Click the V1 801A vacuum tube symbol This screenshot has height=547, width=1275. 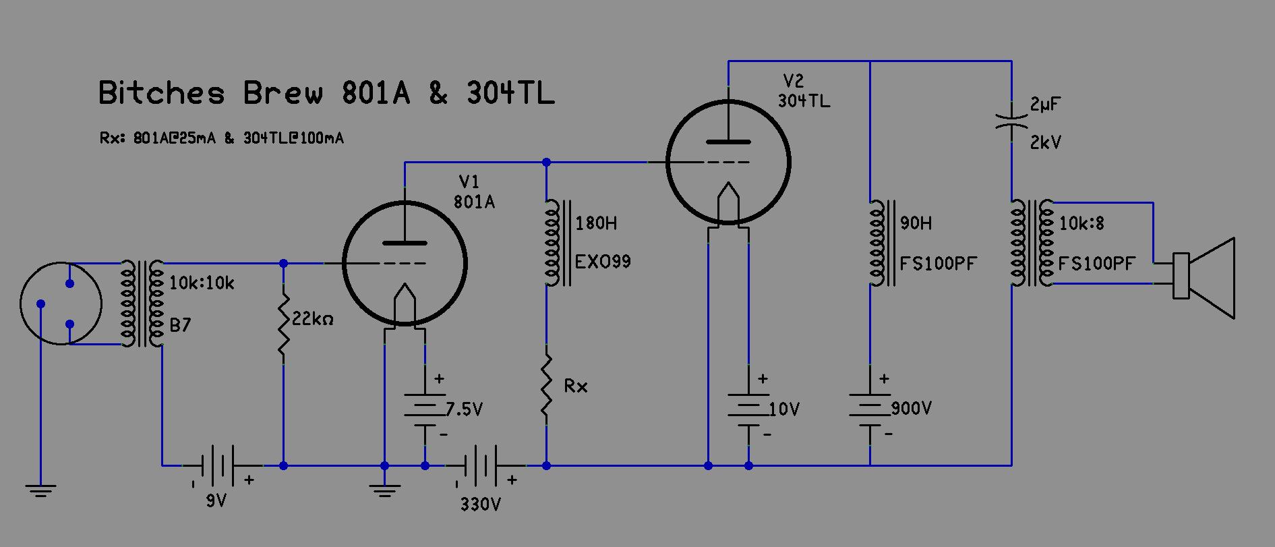point(405,263)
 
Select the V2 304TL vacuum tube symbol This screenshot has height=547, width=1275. point(728,162)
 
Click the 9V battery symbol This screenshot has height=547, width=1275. point(216,465)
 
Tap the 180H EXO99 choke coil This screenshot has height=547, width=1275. point(552,243)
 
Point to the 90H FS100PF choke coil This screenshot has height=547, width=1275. point(877,243)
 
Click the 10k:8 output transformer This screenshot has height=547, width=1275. point(1030,243)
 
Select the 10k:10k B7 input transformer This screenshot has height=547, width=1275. point(142,304)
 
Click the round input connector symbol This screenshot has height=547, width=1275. point(61,304)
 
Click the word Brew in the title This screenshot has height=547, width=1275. point(283,93)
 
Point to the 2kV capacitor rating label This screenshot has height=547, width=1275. point(1045,143)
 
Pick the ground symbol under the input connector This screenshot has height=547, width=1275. point(40,490)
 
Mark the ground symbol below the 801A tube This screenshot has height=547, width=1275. point(384,490)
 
